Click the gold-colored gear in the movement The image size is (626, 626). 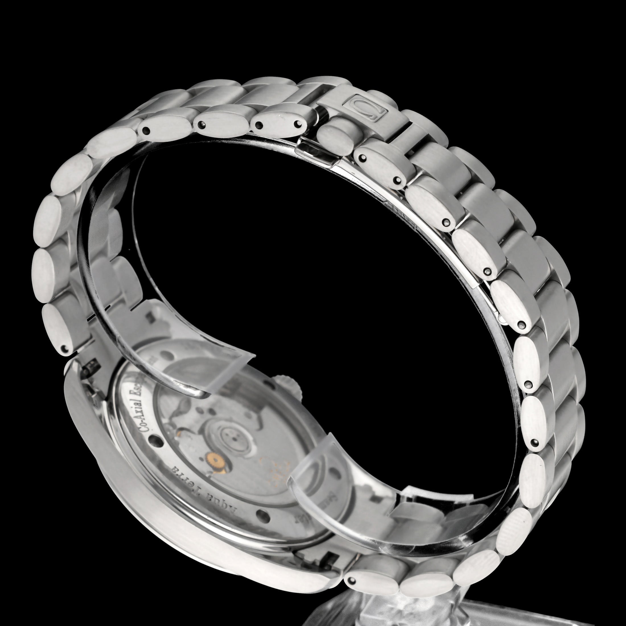click(x=213, y=459)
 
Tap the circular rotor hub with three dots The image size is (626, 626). click(x=229, y=437)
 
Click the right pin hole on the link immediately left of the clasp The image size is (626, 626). click(x=297, y=124)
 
